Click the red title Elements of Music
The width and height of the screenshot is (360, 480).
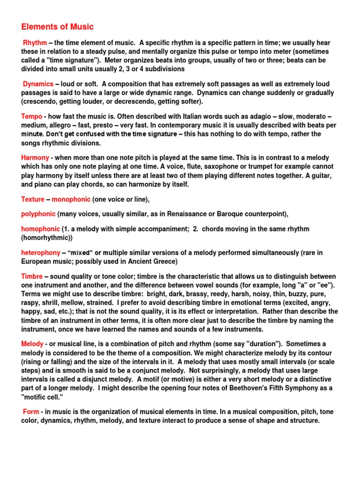coord(57,27)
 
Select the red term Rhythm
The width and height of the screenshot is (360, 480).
coord(35,43)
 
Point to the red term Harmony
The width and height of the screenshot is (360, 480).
coord(35,158)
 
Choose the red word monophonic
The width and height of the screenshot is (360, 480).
coord(71,199)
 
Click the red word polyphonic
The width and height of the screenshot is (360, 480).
coord(38,214)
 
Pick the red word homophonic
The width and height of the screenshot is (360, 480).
coord(41,229)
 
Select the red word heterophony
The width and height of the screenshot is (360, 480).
coord(41,253)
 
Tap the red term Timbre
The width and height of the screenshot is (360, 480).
coord(32,277)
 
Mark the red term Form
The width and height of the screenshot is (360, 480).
coord(31,412)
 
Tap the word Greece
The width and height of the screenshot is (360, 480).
coord(162,261)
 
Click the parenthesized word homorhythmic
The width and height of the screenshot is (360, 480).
coord(48,238)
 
